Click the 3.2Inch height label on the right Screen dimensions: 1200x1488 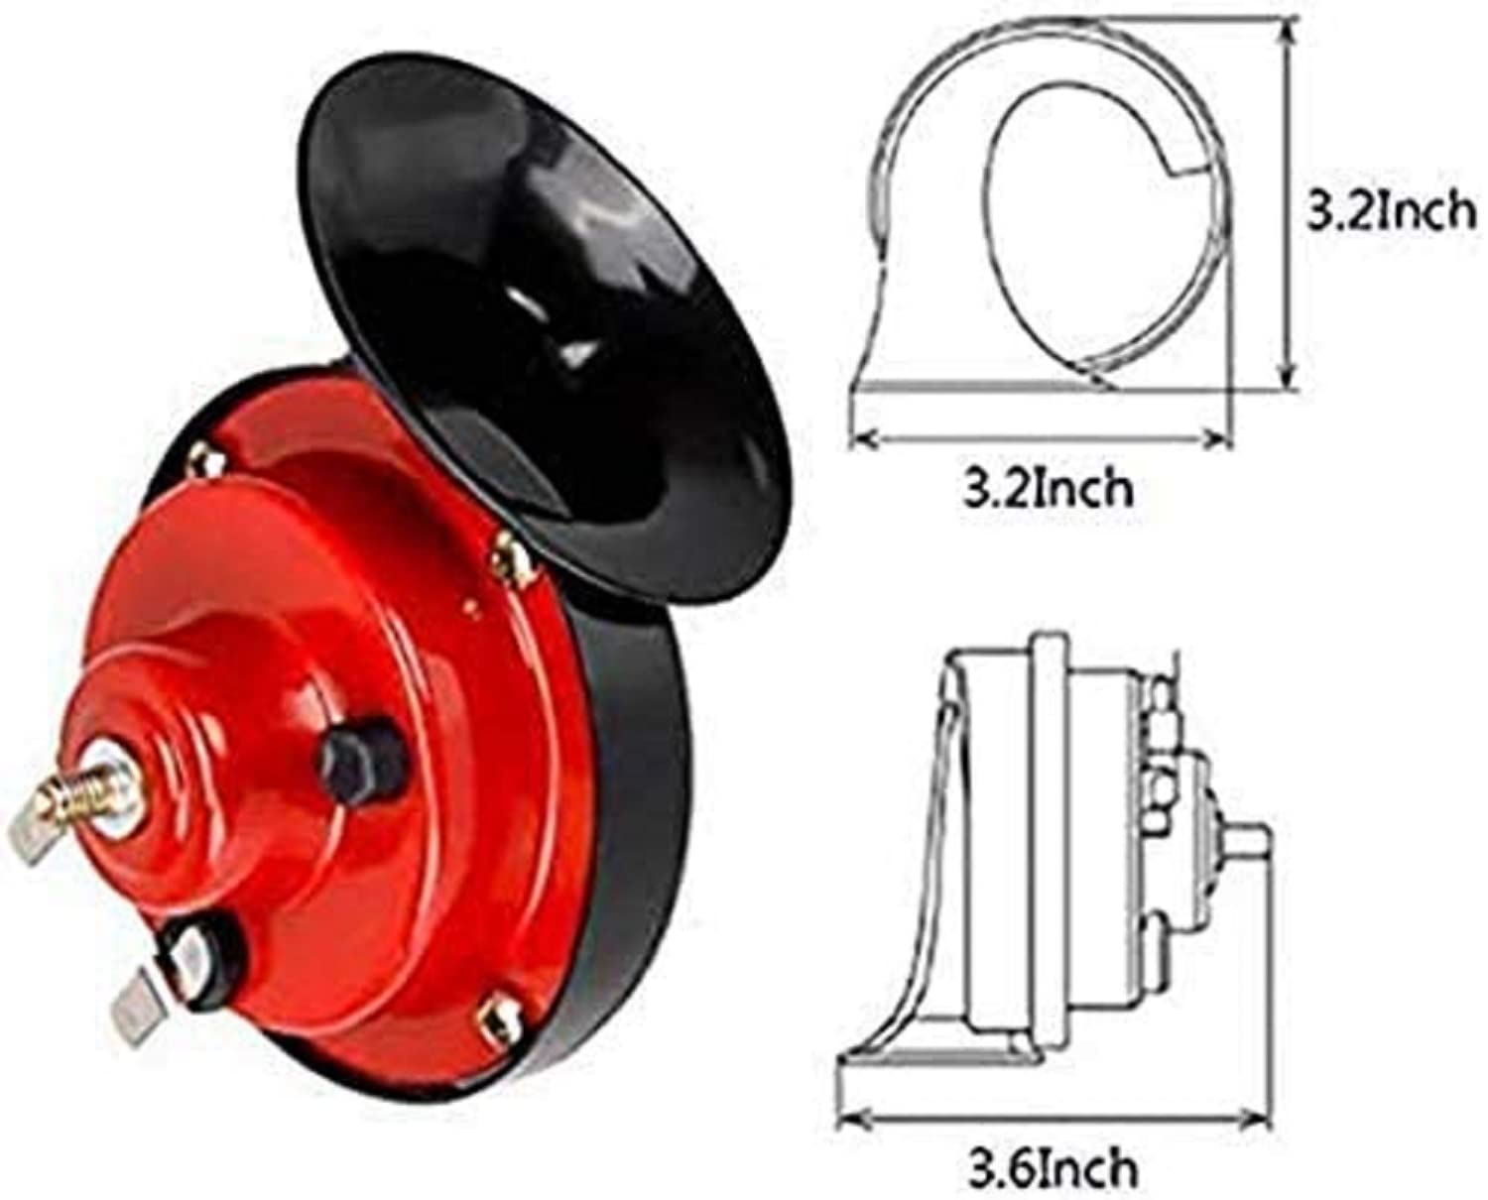pyautogui.click(x=1389, y=211)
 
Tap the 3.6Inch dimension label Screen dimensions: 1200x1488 pyautogui.click(x=1052, y=1168)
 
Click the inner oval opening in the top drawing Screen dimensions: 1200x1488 pyautogui.click(x=1071, y=228)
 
